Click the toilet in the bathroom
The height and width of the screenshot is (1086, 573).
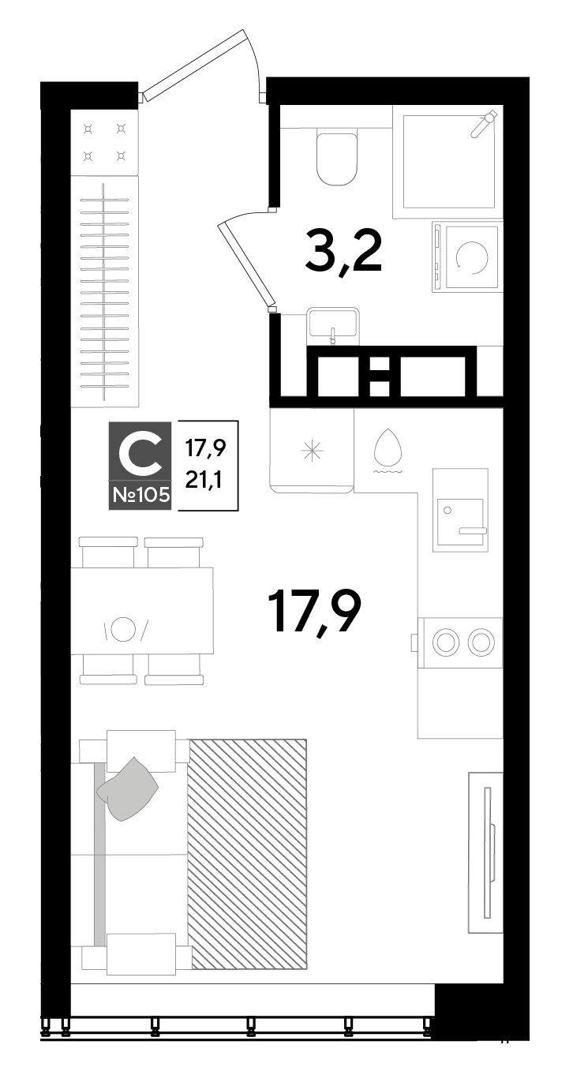pyautogui.click(x=337, y=156)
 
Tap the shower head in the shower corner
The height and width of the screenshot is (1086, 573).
pyautogui.click(x=484, y=123)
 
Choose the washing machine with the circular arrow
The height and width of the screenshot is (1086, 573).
pyautogui.click(x=466, y=257)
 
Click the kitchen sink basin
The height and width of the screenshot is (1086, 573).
pyautogui.click(x=461, y=522)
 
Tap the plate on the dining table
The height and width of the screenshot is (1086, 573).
pyautogui.click(x=123, y=629)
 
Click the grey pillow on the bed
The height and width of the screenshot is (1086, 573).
pyautogui.click(x=128, y=788)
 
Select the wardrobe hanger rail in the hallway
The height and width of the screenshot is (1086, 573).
pyautogui.click(x=104, y=292)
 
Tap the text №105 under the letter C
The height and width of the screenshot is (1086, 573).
pyautogui.click(x=141, y=495)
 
